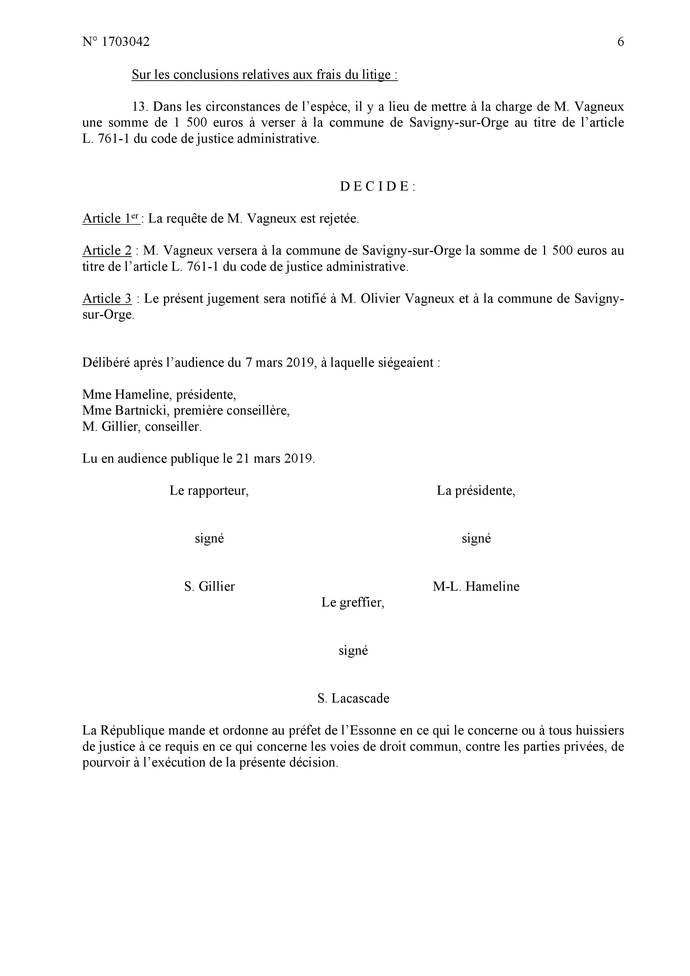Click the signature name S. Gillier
[209, 586]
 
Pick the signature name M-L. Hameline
[476, 586]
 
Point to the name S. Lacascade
[353, 698]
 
